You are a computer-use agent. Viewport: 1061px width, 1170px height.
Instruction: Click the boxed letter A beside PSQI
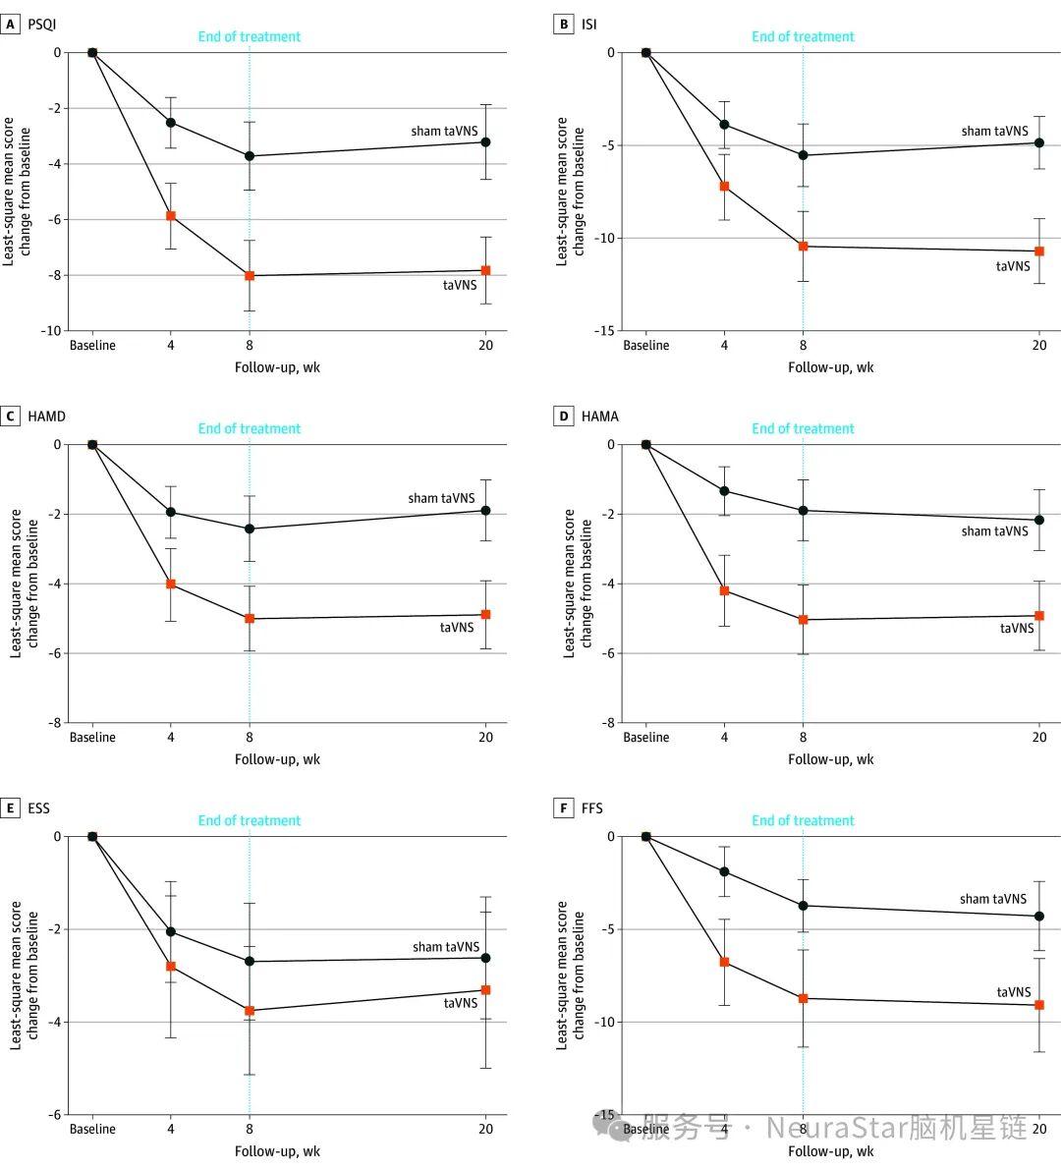[x=10, y=25]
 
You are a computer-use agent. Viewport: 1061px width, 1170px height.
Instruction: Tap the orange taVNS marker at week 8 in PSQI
[x=250, y=276]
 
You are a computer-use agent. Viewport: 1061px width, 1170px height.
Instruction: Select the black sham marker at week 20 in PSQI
[x=485, y=142]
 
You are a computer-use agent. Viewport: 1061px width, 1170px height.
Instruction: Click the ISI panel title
[x=588, y=25]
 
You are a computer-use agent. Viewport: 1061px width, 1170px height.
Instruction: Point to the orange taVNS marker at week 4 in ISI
[x=725, y=186]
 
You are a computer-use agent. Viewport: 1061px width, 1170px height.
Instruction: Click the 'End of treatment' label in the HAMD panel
[x=250, y=428]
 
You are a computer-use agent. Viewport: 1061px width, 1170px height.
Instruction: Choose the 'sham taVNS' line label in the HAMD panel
[x=441, y=498]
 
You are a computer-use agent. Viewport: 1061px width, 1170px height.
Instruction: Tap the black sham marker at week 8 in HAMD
[x=250, y=529]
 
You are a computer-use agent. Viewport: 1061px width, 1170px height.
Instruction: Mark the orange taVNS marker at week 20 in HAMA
[x=1039, y=616]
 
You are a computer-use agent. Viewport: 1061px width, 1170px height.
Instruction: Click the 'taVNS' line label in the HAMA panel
[x=1017, y=629]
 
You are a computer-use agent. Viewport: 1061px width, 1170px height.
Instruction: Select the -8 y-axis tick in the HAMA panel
[x=610, y=723]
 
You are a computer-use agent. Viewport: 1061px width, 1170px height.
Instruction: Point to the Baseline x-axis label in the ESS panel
[x=92, y=1130]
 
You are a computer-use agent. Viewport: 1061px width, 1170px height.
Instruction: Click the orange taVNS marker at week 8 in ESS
[x=250, y=1011]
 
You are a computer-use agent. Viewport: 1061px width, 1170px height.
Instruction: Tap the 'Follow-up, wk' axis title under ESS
[x=277, y=1151]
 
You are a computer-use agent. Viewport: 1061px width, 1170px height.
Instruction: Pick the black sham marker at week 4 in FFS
[x=725, y=871]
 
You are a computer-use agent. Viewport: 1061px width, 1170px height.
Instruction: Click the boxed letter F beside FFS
[x=564, y=808]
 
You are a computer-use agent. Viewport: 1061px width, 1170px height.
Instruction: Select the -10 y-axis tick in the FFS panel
[x=608, y=1023]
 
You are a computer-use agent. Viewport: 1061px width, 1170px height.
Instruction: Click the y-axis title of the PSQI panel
[x=17, y=192]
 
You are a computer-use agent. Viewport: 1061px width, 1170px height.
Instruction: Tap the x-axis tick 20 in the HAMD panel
[x=485, y=738]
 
